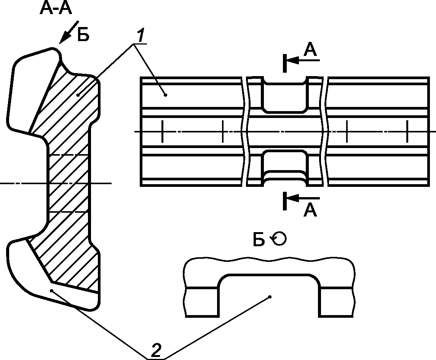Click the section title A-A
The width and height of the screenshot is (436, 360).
pos(56,8)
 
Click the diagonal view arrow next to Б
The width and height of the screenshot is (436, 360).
pos(69,32)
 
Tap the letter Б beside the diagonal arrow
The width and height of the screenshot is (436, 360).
pos(83,35)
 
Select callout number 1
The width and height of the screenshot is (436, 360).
pos(141,36)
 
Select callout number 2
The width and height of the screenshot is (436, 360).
pos(156,350)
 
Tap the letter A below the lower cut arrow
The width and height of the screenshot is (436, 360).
pos(310,210)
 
